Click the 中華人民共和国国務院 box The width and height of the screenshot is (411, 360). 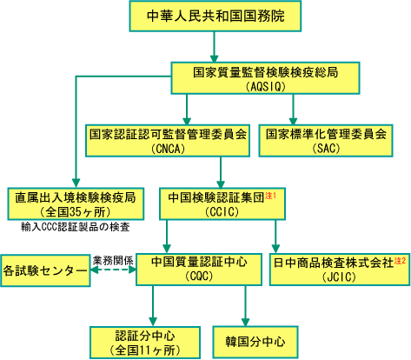[215, 16]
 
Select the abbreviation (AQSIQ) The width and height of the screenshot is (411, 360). [265, 86]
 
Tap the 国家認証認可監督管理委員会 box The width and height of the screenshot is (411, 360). [168, 141]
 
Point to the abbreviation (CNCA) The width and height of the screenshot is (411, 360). [168, 149]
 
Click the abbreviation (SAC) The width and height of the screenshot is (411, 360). [326, 149]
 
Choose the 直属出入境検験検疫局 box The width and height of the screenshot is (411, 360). [76, 203]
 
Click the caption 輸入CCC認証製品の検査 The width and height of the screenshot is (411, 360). [76, 227]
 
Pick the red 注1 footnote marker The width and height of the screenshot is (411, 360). [270, 196]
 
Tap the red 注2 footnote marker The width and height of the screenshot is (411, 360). [400, 261]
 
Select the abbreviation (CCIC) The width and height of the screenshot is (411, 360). [222, 212]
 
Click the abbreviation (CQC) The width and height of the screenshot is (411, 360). [199, 276]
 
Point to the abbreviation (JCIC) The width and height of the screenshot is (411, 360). [339, 277]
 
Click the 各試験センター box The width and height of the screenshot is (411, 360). [45, 270]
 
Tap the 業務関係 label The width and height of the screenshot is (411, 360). [113, 261]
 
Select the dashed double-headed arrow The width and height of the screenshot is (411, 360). [113, 270]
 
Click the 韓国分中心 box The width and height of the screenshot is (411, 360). [255, 342]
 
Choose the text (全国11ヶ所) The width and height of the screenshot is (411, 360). [145, 350]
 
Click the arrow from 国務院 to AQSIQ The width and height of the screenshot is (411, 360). [215, 47]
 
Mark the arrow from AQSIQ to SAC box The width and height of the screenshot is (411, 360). [293, 110]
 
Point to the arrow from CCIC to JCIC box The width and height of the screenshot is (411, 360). [275, 237]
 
